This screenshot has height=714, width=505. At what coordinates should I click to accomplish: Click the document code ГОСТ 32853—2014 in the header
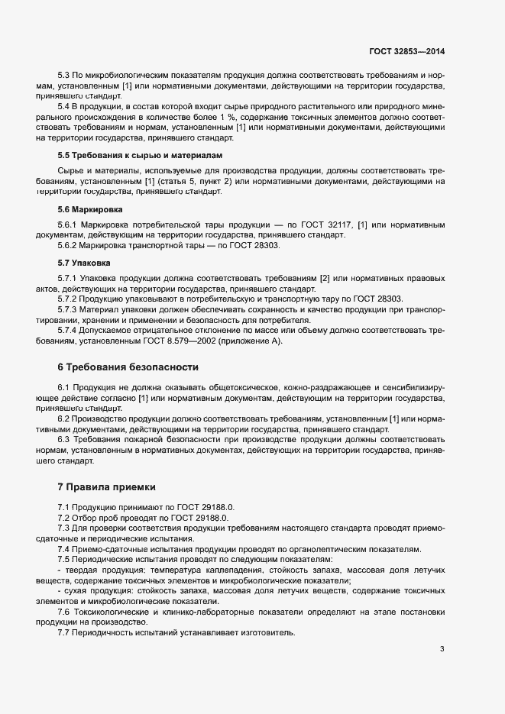point(406,52)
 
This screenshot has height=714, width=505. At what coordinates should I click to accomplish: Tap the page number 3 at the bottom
point(442,650)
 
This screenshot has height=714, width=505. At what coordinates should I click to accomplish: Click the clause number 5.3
point(64,77)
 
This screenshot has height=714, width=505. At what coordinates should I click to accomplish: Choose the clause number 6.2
point(64,419)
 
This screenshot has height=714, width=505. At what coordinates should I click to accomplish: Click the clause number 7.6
point(64,613)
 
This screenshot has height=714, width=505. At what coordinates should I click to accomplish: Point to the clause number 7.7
point(64,633)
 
